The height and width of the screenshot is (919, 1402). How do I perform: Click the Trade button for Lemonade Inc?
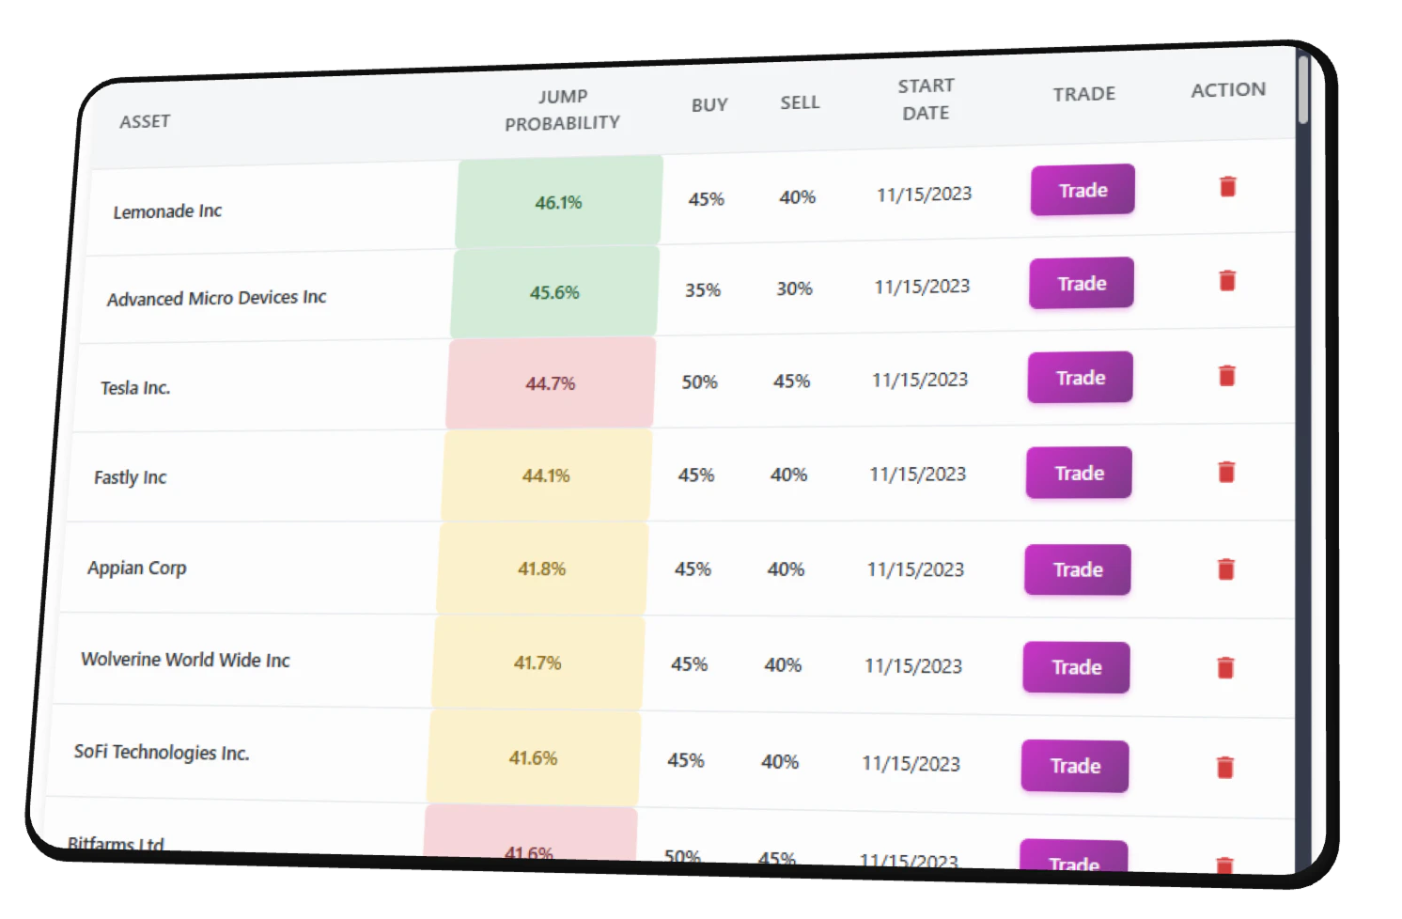pyautogui.click(x=1083, y=190)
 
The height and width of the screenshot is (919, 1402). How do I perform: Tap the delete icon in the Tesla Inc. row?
pyautogui.click(x=1226, y=376)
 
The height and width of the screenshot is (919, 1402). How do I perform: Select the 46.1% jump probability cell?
pyautogui.click(x=559, y=202)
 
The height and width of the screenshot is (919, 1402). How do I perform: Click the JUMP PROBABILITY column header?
pyautogui.click(x=562, y=110)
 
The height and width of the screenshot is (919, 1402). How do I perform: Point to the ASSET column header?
pyautogui.click(x=145, y=121)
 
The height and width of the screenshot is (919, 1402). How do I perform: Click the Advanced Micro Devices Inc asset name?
pyautogui.click(x=216, y=298)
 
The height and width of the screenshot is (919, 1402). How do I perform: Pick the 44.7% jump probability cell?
pyautogui.click(x=551, y=383)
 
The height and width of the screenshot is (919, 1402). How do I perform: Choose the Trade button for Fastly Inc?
pyautogui.click(x=1079, y=473)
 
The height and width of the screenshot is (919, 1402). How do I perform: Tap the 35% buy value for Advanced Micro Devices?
pyautogui.click(x=703, y=290)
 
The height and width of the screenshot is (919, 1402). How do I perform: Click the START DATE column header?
pyautogui.click(x=926, y=99)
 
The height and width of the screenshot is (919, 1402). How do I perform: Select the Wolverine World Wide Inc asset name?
pyautogui.click(x=185, y=660)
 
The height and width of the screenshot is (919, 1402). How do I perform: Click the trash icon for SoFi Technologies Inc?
pyautogui.click(x=1224, y=767)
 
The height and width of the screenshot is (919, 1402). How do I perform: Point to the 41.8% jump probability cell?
pyautogui.click(x=542, y=569)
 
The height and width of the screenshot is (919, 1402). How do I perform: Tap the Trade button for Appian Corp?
pyautogui.click(x=1078, y=569)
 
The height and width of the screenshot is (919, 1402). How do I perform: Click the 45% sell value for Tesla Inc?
pyautogui.click(x=791, y=382)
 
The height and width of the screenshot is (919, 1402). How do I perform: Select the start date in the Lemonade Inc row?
pyautogui.click(x=924, y=195)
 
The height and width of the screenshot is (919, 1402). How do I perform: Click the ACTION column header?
pyautogui.click(x=1228, y=90)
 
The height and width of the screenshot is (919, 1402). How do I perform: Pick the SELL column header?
pyautogui.click(x=800, y=102)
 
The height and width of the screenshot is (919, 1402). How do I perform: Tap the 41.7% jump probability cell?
pyautogui.click(x=537, y=662)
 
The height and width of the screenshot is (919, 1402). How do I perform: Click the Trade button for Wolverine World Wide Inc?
pyautogui.click(x=1076, y=667)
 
